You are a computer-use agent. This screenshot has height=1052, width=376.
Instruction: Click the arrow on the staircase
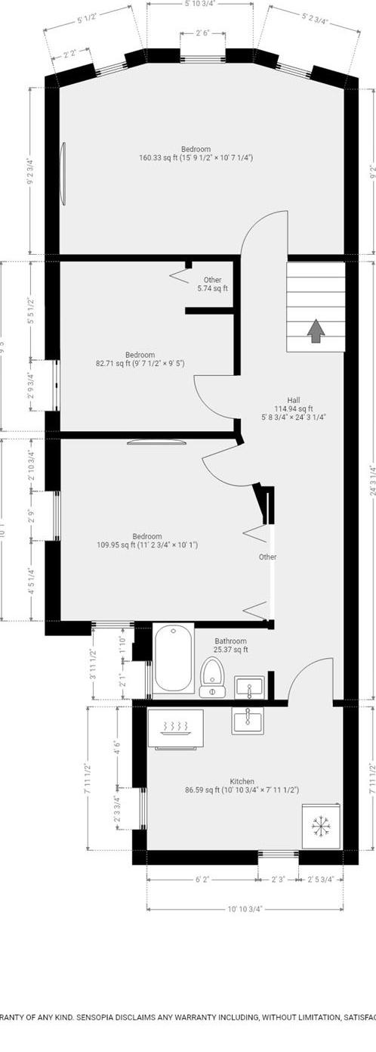(315, 330)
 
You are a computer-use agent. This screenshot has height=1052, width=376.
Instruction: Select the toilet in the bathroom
(213, 675)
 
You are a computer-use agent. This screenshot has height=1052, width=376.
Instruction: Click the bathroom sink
(249, 687)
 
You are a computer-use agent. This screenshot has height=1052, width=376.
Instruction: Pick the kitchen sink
(248, 722)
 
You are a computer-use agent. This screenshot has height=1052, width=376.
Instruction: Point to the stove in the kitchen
(175, 727)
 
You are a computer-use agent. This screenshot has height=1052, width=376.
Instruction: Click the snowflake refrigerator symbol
(322, 827)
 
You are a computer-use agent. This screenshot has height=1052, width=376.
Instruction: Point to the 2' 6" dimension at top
(202, 33)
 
